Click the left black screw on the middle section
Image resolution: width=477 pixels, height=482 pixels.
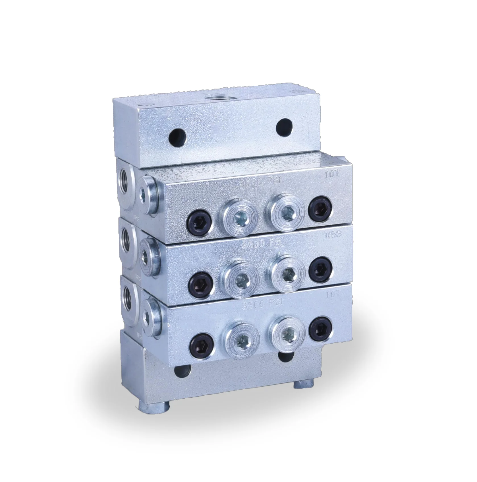(201, 283)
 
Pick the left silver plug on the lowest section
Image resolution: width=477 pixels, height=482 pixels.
(242, 341)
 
